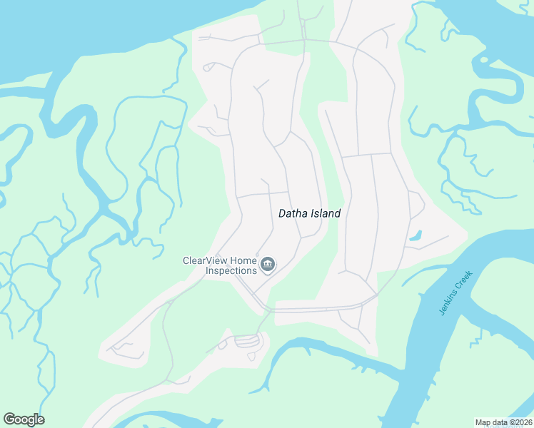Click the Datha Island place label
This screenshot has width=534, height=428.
pyautogui.click(x=309, y=213)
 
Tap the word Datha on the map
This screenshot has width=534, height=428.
pyautogui.click(x=292, y=213)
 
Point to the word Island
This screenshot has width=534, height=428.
pyautogui.click(x=326, y=213)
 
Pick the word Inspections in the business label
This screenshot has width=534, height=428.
pyautogui.click(x=231, y=270)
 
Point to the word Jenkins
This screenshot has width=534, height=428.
pyautogui.click(x=446, y=302)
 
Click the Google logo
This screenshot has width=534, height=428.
pyautogui.click(x=24, y=419)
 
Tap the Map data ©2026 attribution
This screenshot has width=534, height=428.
pyautogui.click(x=503, y=422)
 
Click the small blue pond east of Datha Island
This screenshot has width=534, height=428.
pyautogui.click(x=416, y=235)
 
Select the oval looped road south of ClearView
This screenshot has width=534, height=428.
pyautogui.click(x=248, y=341)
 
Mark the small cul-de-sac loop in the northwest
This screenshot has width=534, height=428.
pyautogui.click(x=208, y=68)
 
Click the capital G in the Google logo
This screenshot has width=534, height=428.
pyautogui.click(x=9, y=419)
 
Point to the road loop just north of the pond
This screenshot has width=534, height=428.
pyautogui.click(x=416, y=205)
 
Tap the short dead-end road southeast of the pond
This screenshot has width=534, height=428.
pyautogui.click(x=428, y=243)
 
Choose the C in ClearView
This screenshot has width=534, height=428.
pyautogui.click(x=187, y=260)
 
